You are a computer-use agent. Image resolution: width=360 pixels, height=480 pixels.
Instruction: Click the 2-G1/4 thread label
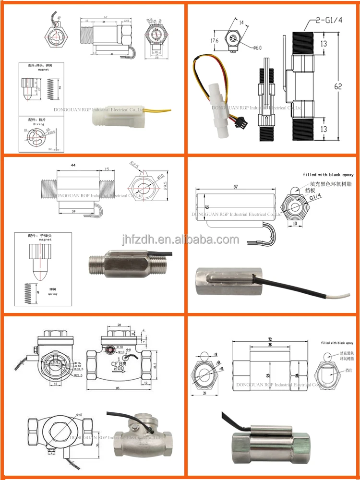[324, 21]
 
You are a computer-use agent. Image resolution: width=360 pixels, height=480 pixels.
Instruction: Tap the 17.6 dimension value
[214, 41]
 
